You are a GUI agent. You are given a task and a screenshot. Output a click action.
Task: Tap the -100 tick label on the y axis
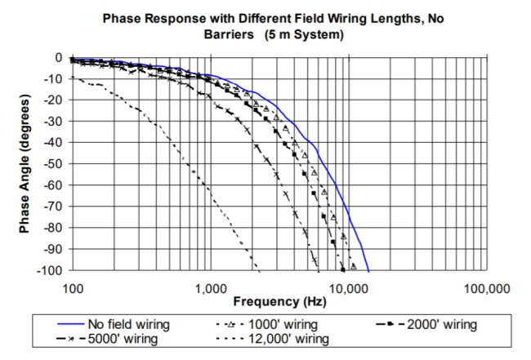(x=51, y=270)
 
